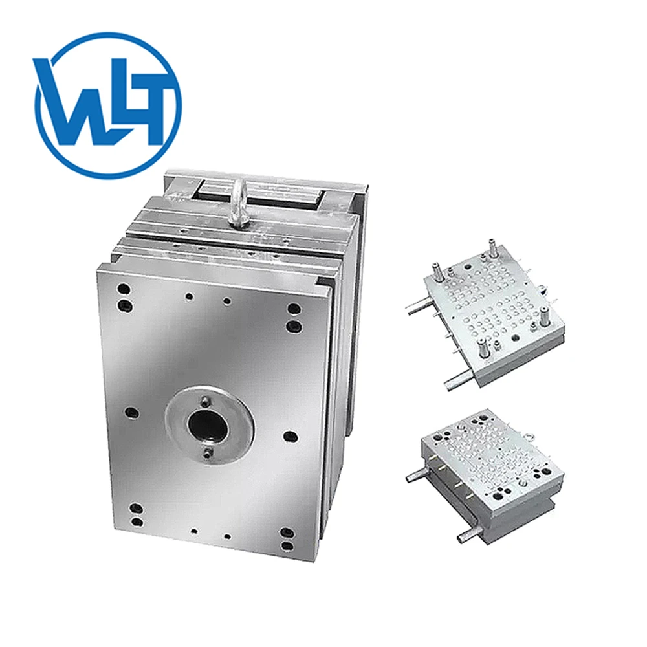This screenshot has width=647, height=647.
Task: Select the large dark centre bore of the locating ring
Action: (x=208, y=426)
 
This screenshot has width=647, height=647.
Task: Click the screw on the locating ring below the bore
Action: (x=207, y=453)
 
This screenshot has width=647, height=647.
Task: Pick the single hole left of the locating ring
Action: (x=131, y=411)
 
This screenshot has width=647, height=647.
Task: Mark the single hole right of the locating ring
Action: (x=291, y=435)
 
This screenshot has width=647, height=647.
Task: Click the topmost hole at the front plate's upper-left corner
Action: (x=123, y=289)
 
